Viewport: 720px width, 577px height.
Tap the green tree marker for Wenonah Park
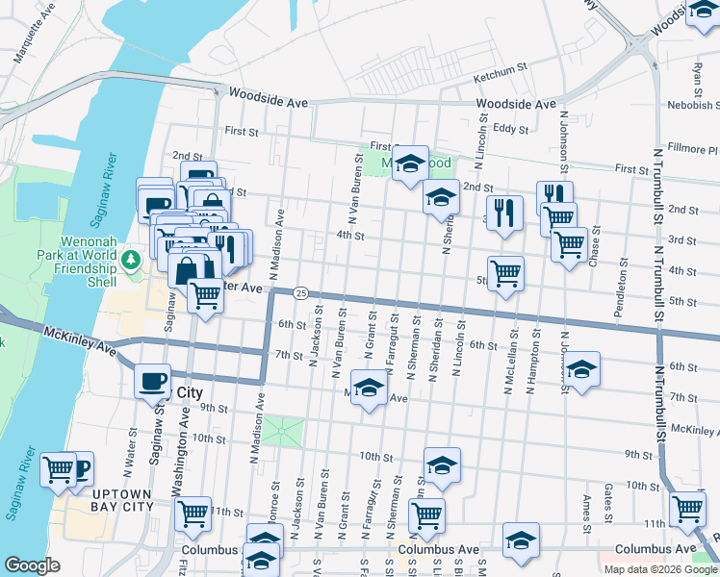coord(131,261)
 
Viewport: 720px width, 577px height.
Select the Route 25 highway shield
coord(301,292)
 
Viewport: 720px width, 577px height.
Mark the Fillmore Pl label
coord(693,150)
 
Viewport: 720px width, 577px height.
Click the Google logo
coord(33,566)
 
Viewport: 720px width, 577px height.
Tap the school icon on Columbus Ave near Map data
coord(521,540)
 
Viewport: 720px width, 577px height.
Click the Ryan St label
coord(698,72)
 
